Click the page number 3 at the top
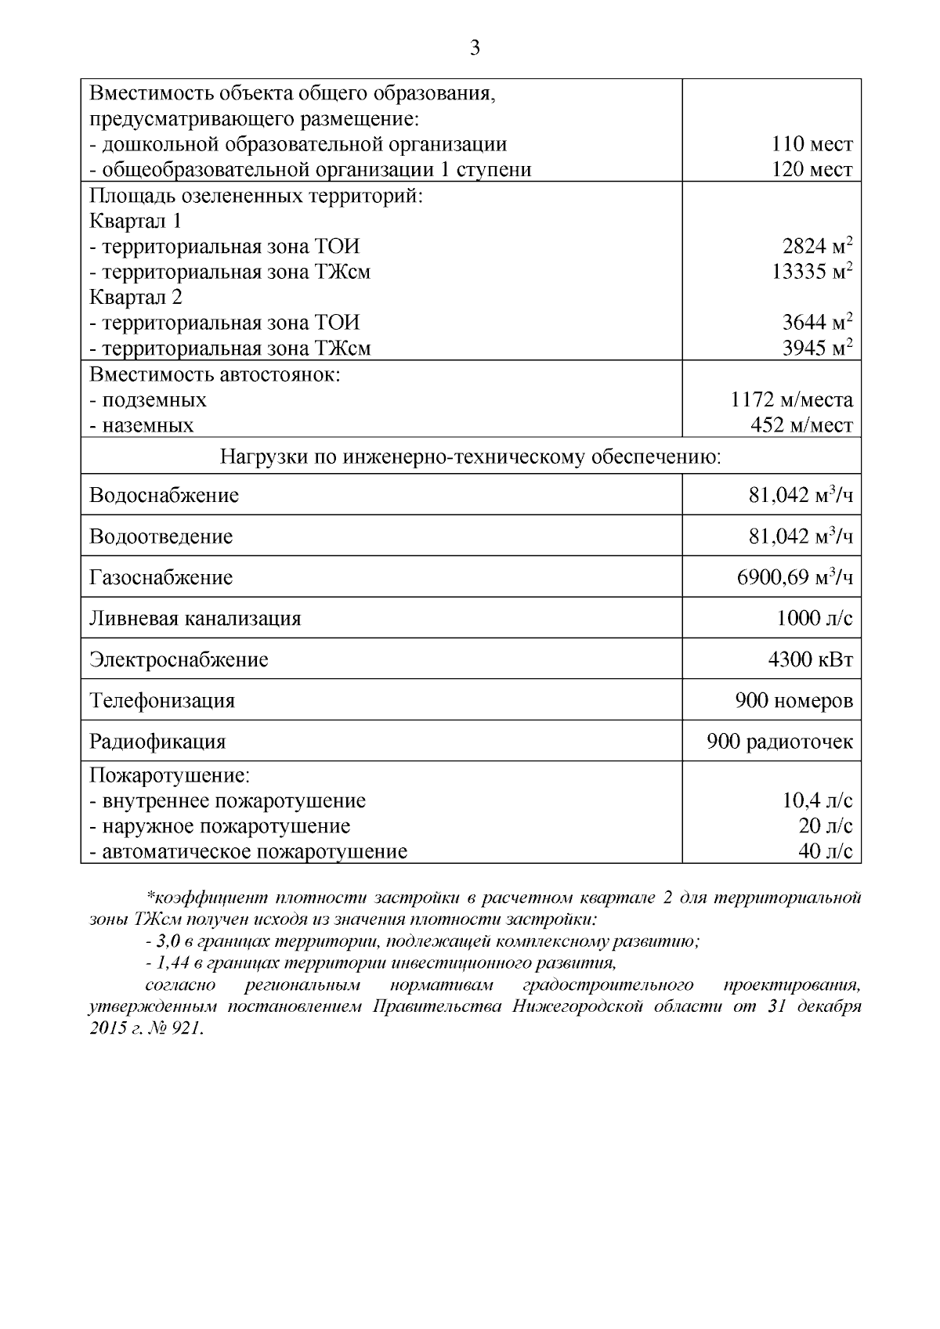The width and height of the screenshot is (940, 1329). [474, 49]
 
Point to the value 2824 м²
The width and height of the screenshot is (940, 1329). [816, 247]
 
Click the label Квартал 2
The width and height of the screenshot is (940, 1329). [136, 298]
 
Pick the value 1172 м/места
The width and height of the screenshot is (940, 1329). [791, 400]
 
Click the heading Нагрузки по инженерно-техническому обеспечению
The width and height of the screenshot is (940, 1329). [470, 457]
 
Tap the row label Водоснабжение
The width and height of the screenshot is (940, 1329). [164, 496]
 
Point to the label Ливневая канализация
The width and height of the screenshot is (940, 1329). [195, 619]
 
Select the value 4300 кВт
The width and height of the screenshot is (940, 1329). [810, 659]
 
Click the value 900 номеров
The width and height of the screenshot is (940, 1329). [794, 700]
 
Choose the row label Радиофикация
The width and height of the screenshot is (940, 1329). [157, 742]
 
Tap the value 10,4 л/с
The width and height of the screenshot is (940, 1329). [818, 800]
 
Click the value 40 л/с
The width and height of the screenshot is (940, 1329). [825, 851]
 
